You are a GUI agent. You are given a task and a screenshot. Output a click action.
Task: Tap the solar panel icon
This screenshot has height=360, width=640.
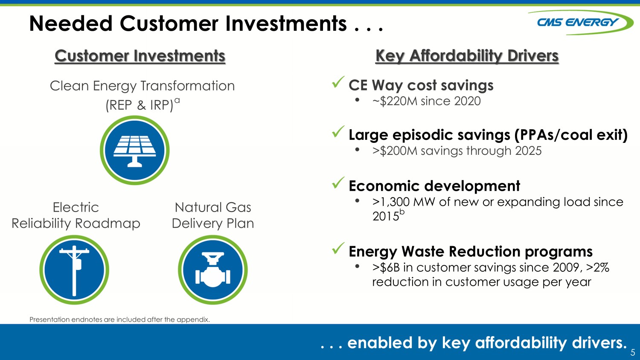coord(134,150)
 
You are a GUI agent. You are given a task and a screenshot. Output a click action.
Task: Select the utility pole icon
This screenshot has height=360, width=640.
coord(74,270)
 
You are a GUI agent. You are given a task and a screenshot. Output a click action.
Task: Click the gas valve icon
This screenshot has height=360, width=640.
coord(213,270)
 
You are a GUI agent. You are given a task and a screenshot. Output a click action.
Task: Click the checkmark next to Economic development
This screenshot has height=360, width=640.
coord(338,183)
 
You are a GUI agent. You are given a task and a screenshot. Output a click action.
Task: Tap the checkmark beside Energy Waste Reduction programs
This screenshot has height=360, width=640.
coord(338,248)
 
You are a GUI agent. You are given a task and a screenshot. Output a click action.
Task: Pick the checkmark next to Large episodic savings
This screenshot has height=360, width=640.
coord(338,132)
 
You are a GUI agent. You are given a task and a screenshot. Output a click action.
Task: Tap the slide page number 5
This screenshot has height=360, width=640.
coord(633,352)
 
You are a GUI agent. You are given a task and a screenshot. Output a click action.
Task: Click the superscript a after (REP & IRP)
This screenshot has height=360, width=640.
coord(177,100)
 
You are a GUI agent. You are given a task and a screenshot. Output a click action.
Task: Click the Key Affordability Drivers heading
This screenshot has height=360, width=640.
coord(467,56)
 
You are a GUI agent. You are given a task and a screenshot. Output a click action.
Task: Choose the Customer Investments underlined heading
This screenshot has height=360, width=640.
coord(140,56)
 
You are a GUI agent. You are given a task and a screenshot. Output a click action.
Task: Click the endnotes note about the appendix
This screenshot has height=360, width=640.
coord(120,319)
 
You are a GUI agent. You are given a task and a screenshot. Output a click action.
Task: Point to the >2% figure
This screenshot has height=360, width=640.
coord(598,268)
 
